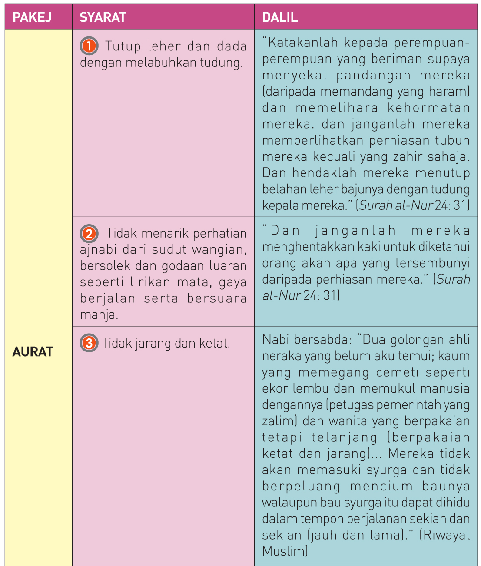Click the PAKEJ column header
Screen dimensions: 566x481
pyautogui.click(x=32, y=17)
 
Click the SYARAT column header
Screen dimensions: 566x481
pyautogui.click(x=103, y=17)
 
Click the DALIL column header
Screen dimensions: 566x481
pyautogui.click(x=280, y=17)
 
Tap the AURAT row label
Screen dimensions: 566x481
pyautogui.click(x=33, y=352)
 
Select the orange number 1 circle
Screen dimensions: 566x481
pyautogui.click(x=89, y=46)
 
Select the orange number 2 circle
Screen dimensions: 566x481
pyautogui.click(x=89, y=234)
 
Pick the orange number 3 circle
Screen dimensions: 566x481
pyautogui.click(x=89, y=343)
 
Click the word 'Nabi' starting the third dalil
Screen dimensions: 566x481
pyautogui.click(x=275, y=339)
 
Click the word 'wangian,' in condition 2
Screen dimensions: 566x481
pyautogui.click(x=219, y=250)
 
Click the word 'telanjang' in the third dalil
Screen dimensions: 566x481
pyautogui.click(x=345, y=437)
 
